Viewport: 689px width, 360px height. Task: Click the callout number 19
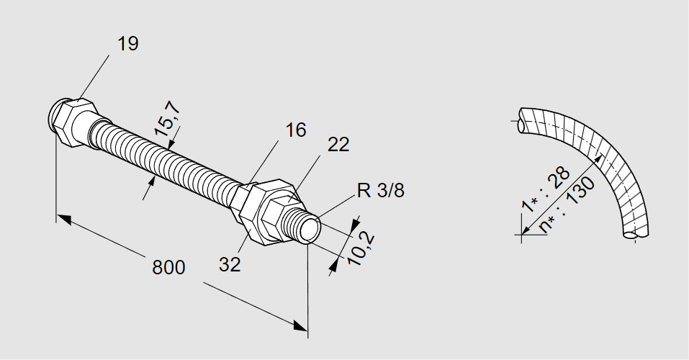click(x=128, y=44)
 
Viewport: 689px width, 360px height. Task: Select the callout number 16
click(x=295, y=130)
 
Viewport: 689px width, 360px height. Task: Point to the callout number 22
click(x=338, y=145)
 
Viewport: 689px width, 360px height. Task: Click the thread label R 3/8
click(x=379, y=192)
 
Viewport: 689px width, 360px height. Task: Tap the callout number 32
click(x=230, y=264)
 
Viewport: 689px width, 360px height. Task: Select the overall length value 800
click(x=169, y=267)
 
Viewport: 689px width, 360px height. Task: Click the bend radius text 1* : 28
click(x=546, y=190)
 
